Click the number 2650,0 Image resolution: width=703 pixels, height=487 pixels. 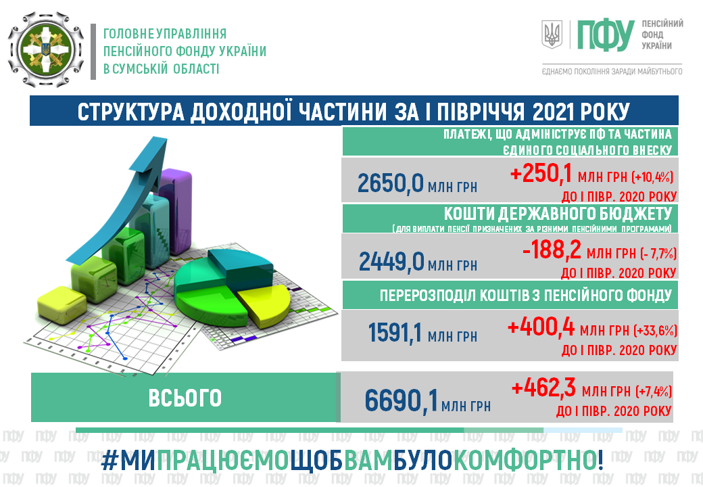pos(390,183)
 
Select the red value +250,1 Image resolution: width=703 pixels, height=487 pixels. pos(541,174)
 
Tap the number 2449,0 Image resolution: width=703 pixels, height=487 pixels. pos(391,261)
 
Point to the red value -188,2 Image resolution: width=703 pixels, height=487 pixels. pos(552,250)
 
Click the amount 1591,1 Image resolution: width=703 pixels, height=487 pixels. pos(395,332)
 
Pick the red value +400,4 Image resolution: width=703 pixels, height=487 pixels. pos(541,327)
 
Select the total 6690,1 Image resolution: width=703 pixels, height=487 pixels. pos(401,400)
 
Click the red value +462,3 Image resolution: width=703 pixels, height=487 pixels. pos(543,388)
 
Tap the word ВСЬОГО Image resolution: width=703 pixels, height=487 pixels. pos(185,398)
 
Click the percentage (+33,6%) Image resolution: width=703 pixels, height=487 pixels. pos(655,331)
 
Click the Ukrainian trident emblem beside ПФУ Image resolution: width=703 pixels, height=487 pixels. pos(552,34)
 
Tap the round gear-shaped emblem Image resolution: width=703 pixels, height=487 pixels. pos(46,49)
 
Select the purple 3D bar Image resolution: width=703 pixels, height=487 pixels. pos(176,211)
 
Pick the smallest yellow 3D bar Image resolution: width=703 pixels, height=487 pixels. pos(62,305)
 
